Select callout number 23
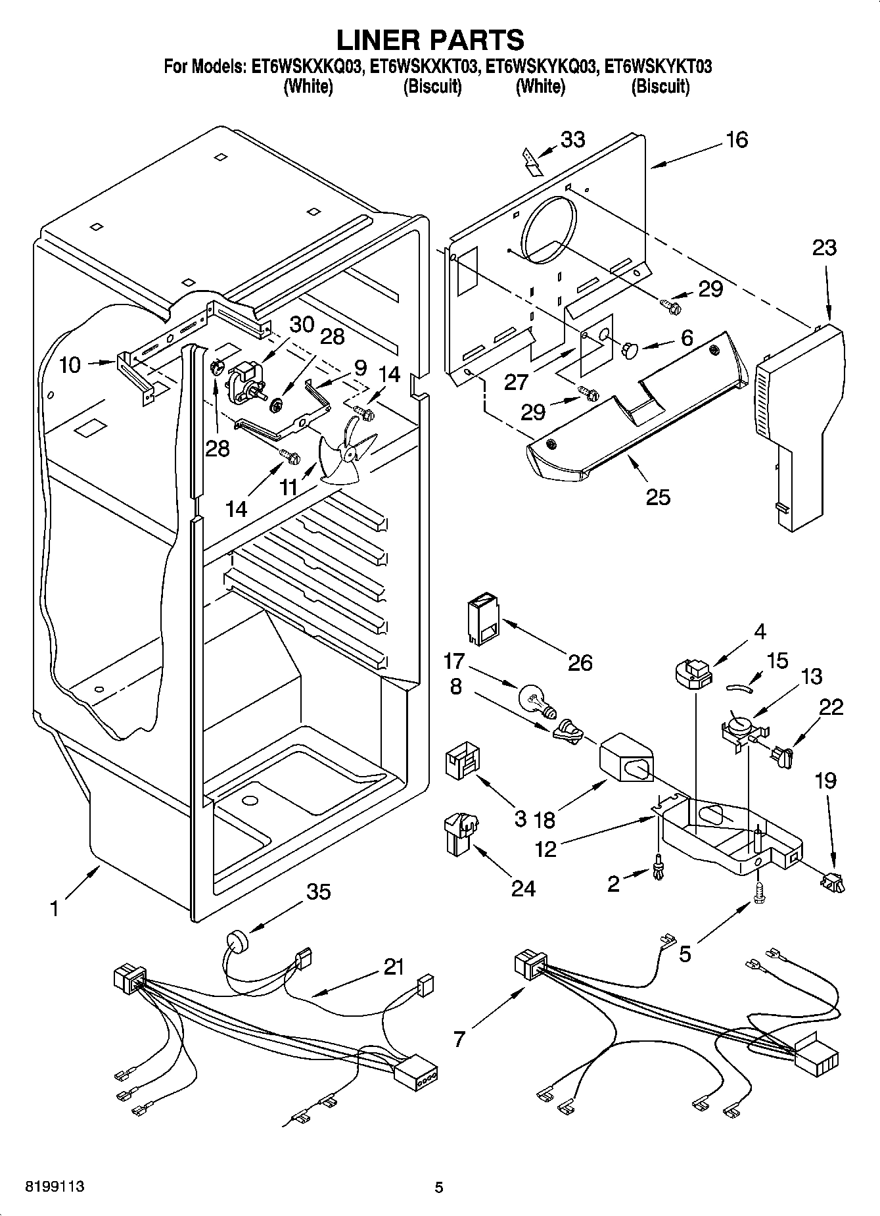click(824, 248)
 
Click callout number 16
click(737, 140)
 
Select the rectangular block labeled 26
click(483, 618)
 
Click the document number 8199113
click(55, 1186)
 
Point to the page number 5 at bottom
click(439, 1187)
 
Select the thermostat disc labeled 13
click(741, 726)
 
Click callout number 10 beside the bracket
click(70, 365)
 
